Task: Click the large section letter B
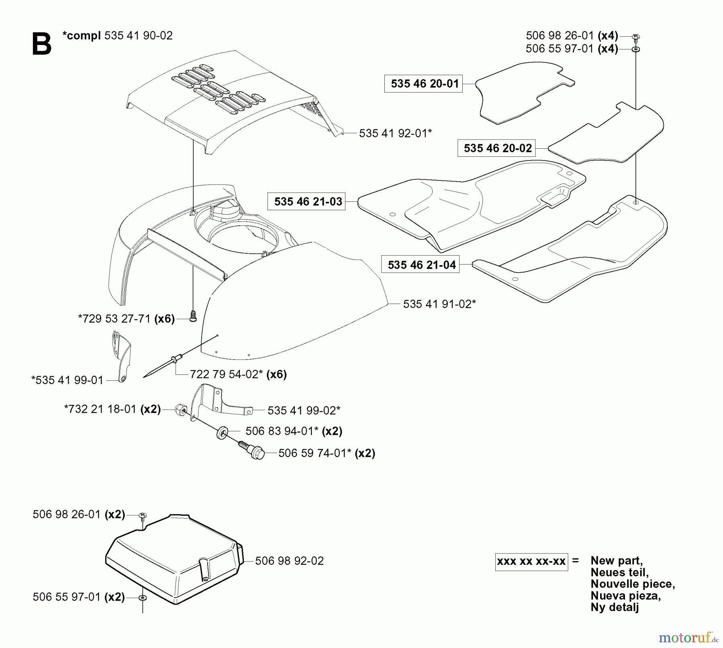tap(41, 44)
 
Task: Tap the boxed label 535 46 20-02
tap(497, 148)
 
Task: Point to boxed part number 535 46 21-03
tap(308, 201)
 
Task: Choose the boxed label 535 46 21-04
tap(421, 265)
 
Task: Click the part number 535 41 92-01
tap(395, 133)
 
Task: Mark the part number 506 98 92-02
tap(289, 561)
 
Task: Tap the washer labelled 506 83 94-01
tap(222, 434)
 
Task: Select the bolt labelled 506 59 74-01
tap(253, 451)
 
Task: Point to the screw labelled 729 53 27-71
tap(193, 317)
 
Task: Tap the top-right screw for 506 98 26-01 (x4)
tap(636, 37)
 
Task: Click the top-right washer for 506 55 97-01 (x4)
tap(636, 49)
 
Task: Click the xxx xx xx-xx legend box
tap(531, 561)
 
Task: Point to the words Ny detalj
tap(615, 607)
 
